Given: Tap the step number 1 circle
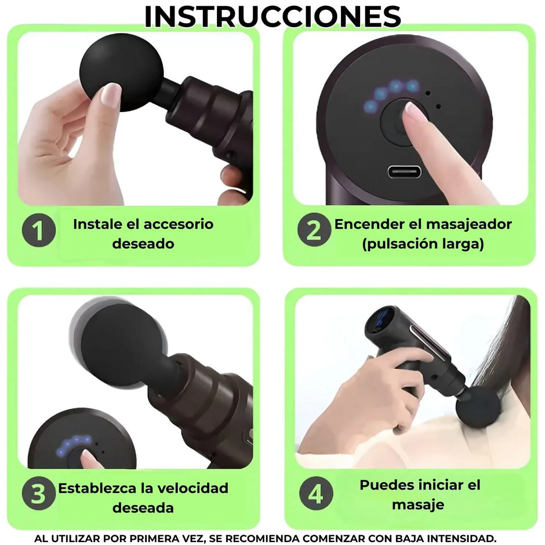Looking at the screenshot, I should (x=39, y=231).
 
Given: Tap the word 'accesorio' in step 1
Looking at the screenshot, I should (x=177, y=224).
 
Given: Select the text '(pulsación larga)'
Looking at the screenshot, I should (x=423, y=244).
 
